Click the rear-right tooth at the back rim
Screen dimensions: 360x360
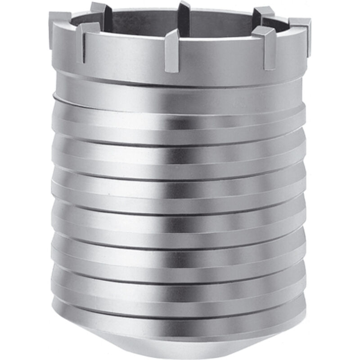(263, 13)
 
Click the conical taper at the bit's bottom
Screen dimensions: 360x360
(180, 333)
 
